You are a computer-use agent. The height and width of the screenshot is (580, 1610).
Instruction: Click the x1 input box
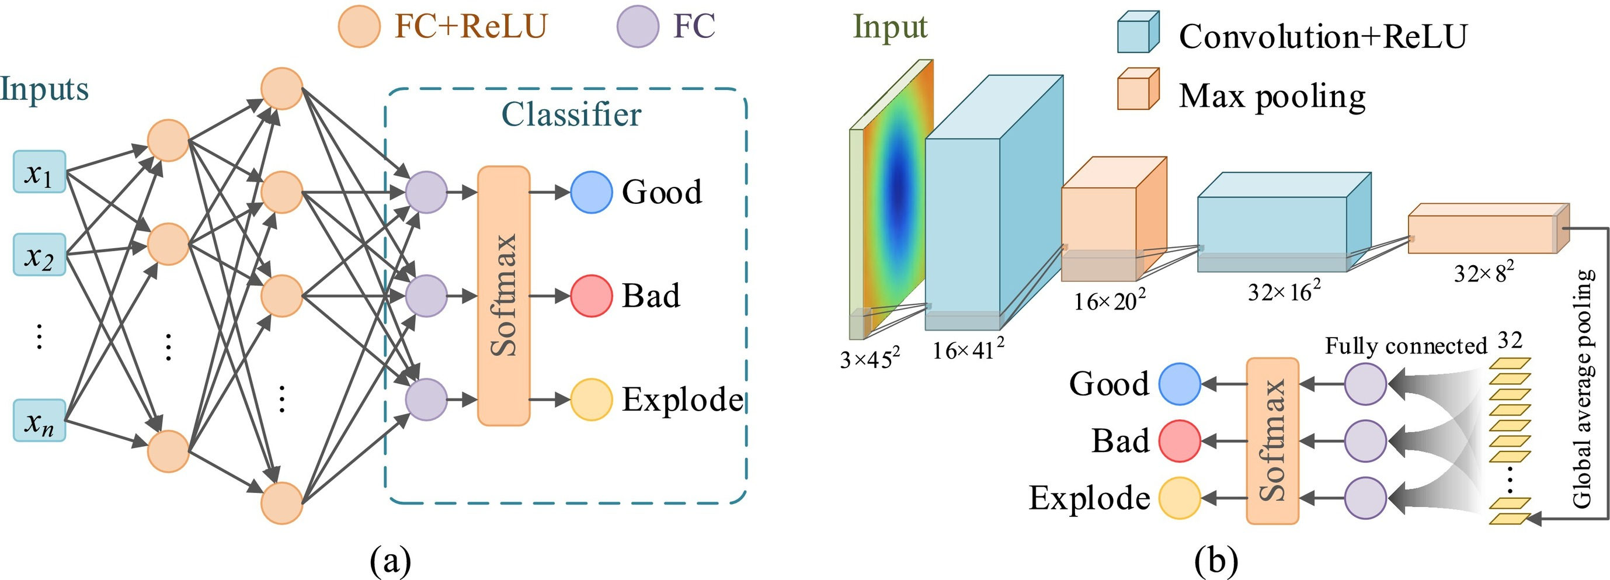tap(39, 172)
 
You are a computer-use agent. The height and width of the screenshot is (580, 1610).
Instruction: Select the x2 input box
tap(39, 255)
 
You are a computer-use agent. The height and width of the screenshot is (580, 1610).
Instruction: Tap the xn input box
tap(39, 421)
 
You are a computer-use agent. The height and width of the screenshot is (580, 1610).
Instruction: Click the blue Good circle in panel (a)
tap(590, 193)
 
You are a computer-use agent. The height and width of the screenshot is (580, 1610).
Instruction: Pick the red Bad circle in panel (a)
tap(590, 296)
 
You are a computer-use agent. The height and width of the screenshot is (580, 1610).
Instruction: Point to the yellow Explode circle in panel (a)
tap(590, 400)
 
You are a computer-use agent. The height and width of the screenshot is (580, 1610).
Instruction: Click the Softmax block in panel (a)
tap(503, 296)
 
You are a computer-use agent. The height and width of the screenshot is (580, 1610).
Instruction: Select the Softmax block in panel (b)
tap(1272, 440)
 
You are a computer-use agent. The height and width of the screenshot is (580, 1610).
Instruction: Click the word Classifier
tap(571, 115)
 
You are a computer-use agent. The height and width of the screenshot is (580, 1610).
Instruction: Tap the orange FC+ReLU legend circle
tap(359, 27)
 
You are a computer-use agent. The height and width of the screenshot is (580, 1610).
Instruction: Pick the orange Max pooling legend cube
tap(1138, 89)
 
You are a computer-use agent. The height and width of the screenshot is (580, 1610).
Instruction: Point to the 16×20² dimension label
tap(1110, 301)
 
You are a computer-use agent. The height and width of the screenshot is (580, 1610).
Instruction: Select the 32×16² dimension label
tap(1284, 291)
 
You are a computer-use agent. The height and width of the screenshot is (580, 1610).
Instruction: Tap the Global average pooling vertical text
tap(1582, 387)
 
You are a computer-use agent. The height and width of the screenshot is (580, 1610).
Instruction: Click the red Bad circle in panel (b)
tap(1180, 440)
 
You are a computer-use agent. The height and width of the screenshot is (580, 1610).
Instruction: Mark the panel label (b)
tap(1216, 561)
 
